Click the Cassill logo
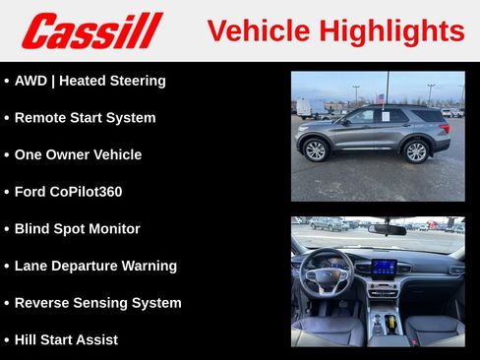pos(91,30)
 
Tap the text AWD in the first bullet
pos(32,81)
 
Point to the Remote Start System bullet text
pos(85,118)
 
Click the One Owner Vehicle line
pos(78,154)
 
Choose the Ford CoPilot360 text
pos(68,192)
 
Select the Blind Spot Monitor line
pos(77,229)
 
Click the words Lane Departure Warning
pos(95,266)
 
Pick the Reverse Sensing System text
pos(97,303)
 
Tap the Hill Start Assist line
pos(66,340)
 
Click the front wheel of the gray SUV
pos(315,150)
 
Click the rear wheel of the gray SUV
pos(416,150)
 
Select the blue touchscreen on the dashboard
pos(384,268)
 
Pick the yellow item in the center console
pos(391,322)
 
